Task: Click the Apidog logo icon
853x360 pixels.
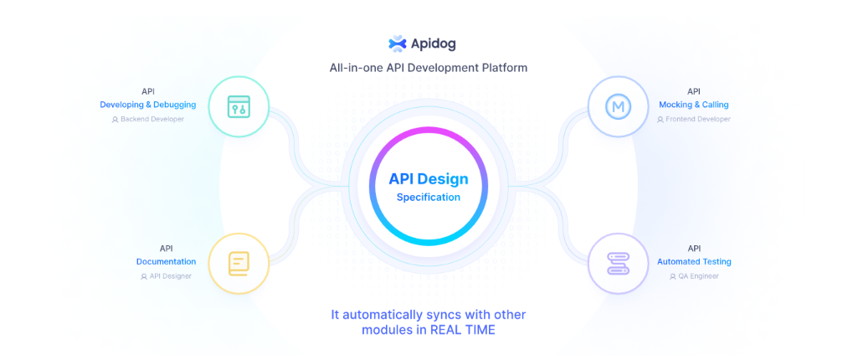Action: [x=398, y=44]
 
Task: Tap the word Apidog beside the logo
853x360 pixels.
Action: [x=434, y=44]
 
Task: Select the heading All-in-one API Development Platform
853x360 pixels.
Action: [x=428, y=69]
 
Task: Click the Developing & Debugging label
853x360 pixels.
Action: [x=148, y=105]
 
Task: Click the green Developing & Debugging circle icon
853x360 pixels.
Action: [x=239, y=106]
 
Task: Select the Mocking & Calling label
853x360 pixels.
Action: [x=694, y=105]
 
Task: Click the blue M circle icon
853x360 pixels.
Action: [x=618, y=106]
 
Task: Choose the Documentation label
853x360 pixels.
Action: [x=166, y=261]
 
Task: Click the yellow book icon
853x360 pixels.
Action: [x=239, y=264]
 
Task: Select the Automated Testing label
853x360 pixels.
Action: [x=694, y=261]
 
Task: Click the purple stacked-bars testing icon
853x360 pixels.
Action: [x=618, y=264]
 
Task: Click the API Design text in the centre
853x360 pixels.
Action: [x=428, y=178]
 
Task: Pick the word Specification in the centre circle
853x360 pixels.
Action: [x=428, y=198]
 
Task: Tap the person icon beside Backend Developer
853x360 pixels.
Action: [x=115, y=120]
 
